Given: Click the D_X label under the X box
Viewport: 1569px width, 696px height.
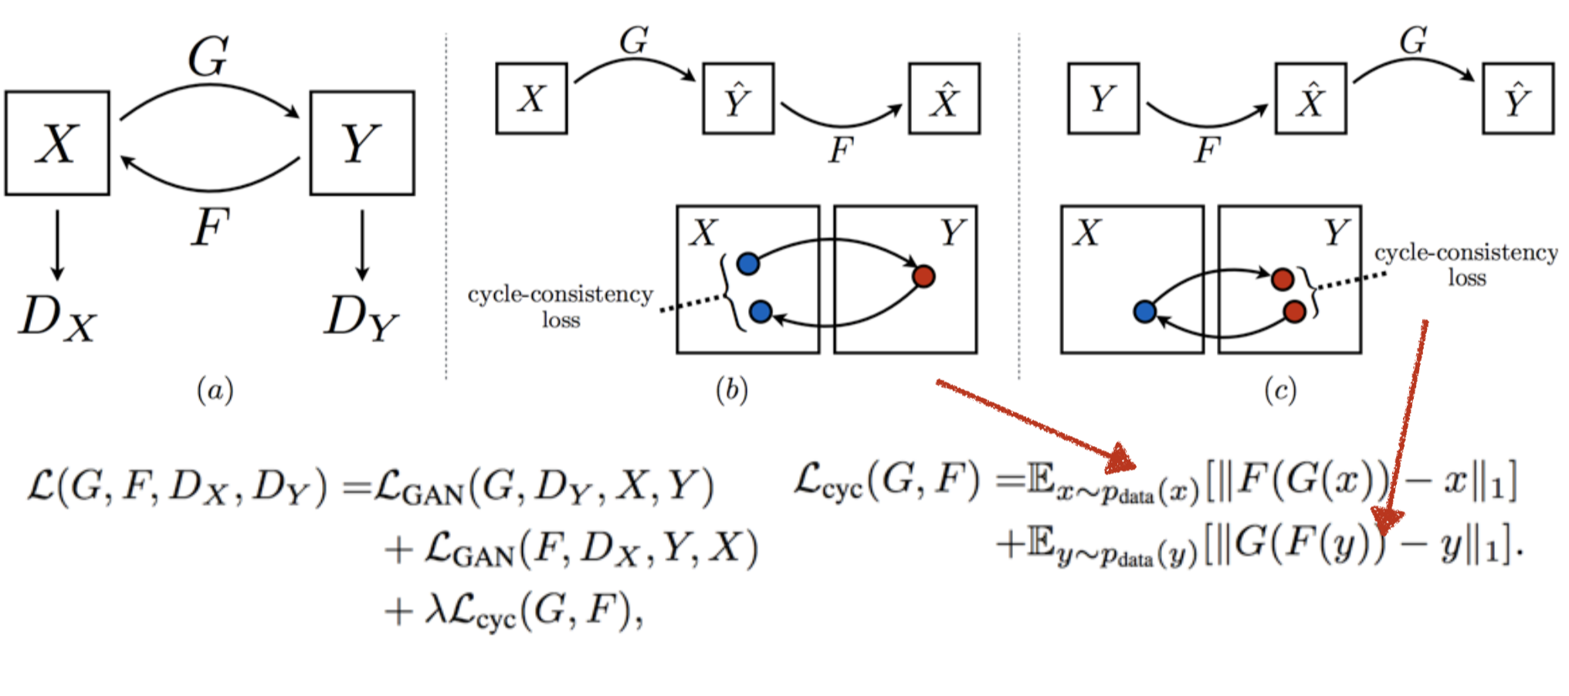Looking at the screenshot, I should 57,318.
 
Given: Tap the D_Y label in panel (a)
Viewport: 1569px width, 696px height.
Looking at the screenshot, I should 361,318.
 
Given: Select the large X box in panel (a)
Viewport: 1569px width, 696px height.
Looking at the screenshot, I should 57,144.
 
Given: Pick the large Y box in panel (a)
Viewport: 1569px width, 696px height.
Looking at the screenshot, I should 361,144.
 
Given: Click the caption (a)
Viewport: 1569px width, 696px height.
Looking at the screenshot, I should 215,390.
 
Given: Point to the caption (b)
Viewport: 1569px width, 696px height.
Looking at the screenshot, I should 731,390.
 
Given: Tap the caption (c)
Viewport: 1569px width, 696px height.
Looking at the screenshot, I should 1279,390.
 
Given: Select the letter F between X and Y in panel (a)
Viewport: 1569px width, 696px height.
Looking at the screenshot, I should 210,227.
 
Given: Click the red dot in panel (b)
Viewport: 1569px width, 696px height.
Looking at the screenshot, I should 923,275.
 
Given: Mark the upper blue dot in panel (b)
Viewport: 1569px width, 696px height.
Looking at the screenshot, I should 747,264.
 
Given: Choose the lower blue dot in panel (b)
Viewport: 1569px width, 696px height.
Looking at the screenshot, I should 761,312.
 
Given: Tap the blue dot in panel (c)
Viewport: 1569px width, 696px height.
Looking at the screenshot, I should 1144,312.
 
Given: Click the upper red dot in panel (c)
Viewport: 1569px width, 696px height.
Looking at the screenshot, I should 1283,279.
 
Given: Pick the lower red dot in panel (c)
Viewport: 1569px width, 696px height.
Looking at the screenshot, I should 1295,312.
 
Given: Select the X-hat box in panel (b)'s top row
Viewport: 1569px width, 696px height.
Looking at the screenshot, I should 944,99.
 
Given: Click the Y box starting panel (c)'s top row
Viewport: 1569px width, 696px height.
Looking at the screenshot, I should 1103,99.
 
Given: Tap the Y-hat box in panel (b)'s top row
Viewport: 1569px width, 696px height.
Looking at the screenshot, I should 738,99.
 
